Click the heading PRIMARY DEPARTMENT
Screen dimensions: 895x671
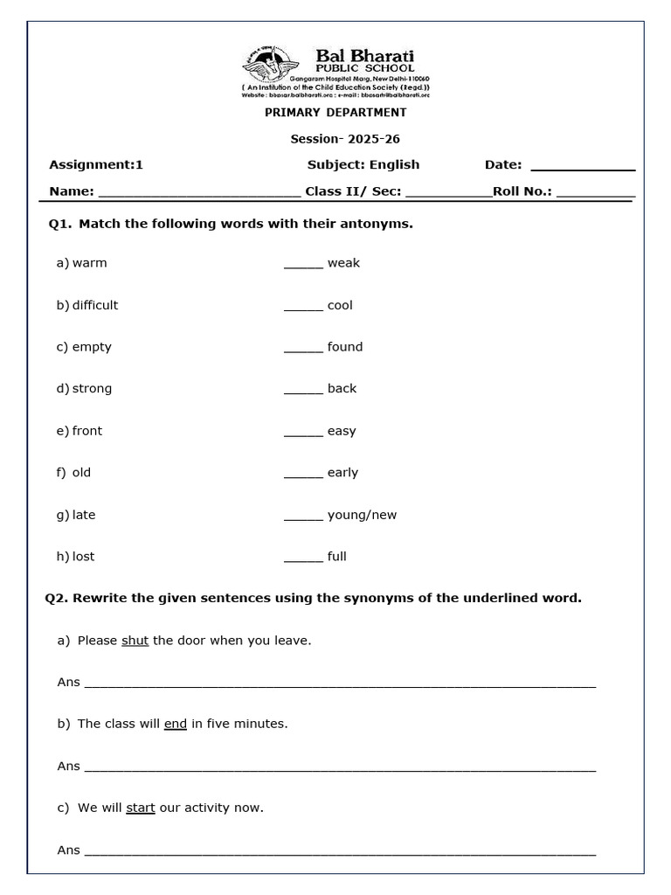point(335,113)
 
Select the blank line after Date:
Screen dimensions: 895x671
point(583,167)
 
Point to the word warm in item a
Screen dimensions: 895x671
point(90,263)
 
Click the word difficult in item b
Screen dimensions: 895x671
point(95,305)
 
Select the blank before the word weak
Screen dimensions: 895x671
point(303,266)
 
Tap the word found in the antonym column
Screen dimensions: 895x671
point(345,347)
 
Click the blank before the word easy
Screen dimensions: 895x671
point(303,434)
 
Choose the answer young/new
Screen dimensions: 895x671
point(362,515)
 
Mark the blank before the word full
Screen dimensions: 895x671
point(303,559)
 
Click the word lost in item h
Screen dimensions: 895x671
point(84,557)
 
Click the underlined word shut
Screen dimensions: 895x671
point(135,641)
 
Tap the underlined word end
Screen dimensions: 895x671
point(176,725)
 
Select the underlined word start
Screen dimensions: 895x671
point(141,808)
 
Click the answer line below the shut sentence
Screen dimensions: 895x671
point(339,684)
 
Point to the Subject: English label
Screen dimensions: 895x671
point(363,164)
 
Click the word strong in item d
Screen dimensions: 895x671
point(92,389)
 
